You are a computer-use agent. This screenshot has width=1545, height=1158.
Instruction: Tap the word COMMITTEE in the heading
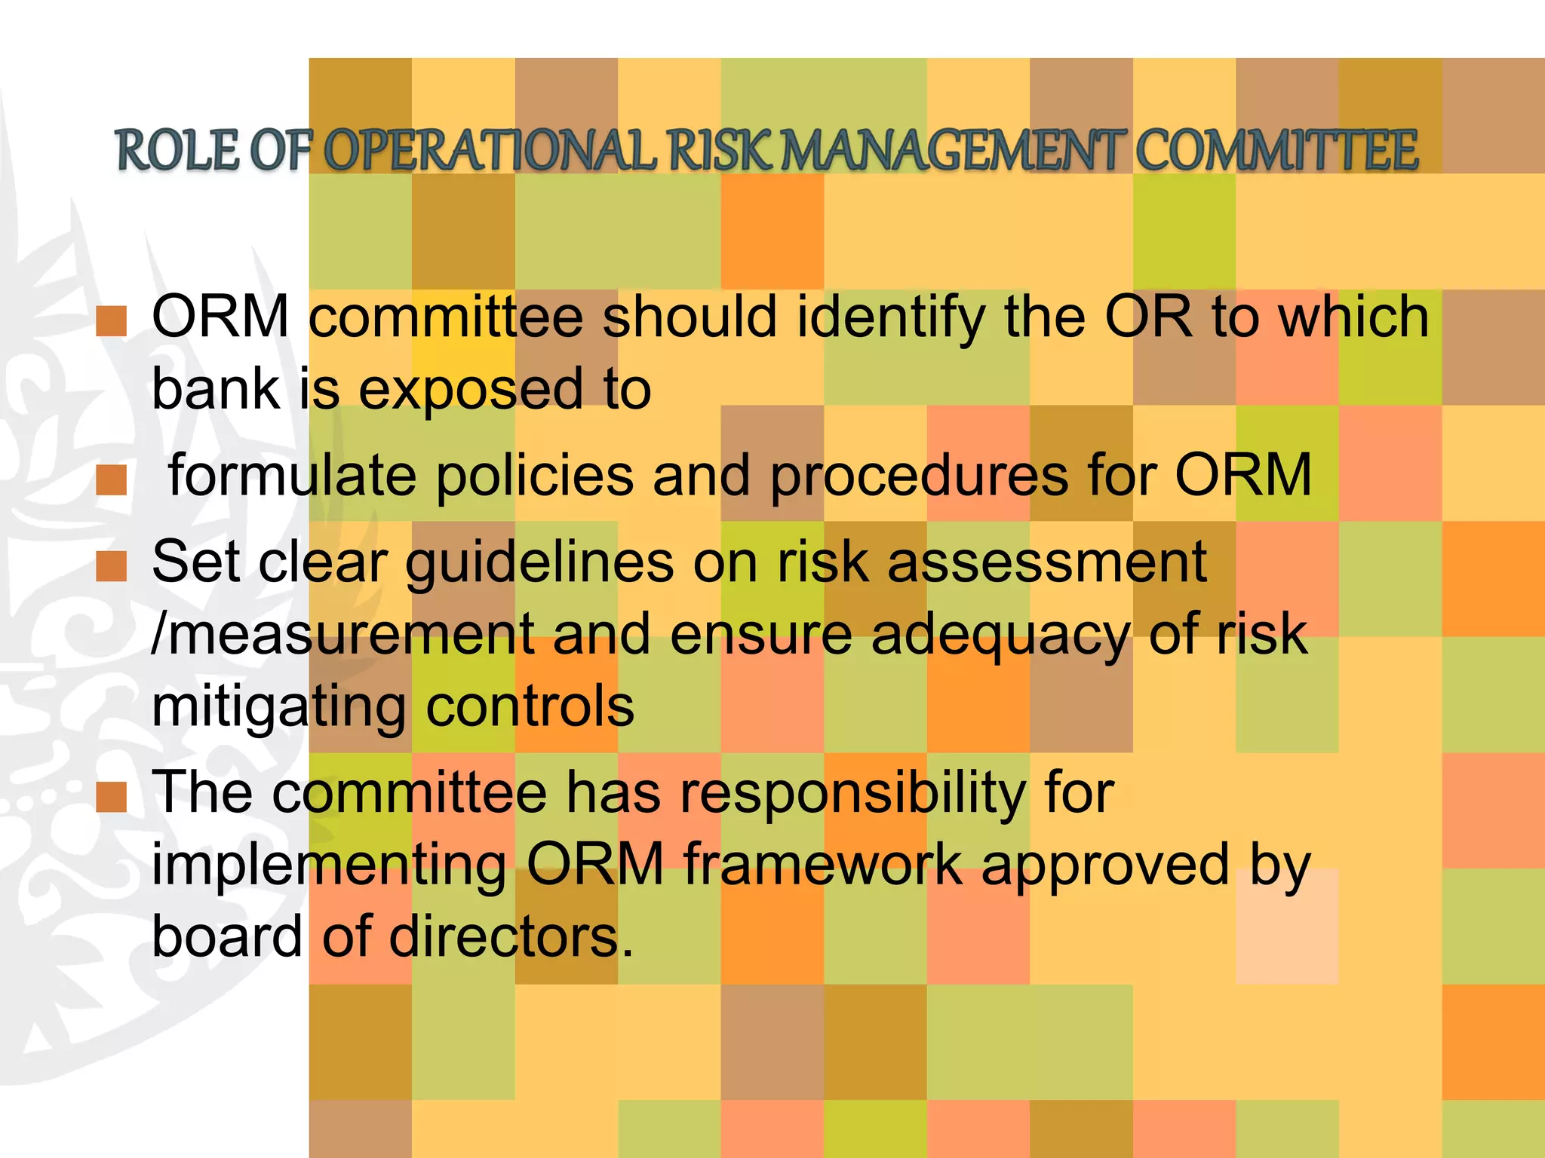(x=1276, y=151)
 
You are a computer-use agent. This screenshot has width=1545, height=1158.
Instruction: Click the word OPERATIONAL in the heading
(x=491, y=151)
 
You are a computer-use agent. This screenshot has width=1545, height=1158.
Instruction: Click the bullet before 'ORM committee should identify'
(x=112, y=321)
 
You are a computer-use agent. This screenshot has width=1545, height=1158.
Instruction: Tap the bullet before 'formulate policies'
(x=112, y=480)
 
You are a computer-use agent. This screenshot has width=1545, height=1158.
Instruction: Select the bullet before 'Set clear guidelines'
(x=112, y=566)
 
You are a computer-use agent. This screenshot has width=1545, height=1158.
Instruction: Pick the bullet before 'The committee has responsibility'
(x=112, y=797)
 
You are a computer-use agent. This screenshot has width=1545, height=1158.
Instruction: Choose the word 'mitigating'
(x=278, y=707)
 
